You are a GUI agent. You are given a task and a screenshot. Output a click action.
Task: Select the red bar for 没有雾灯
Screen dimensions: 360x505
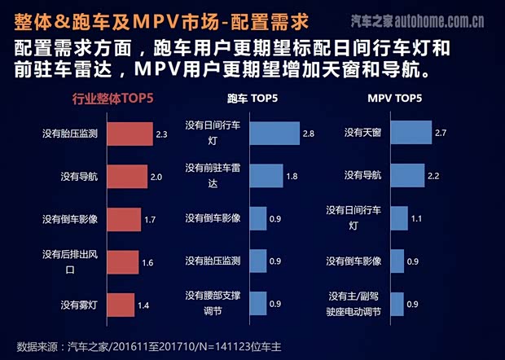121,305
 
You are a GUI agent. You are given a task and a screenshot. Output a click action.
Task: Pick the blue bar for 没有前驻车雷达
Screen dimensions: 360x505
265,175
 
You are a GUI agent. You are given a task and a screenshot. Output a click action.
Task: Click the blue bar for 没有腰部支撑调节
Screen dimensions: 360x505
257,303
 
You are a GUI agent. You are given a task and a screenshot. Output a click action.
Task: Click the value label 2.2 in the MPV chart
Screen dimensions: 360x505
434,176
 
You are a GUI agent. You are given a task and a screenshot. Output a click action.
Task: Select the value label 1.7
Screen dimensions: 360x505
149,220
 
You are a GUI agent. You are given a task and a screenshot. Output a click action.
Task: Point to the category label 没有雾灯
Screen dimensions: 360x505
80,305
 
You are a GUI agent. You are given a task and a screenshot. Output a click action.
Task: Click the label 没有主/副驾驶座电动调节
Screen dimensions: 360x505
355,302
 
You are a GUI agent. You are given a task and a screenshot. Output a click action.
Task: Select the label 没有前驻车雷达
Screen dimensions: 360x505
213,174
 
